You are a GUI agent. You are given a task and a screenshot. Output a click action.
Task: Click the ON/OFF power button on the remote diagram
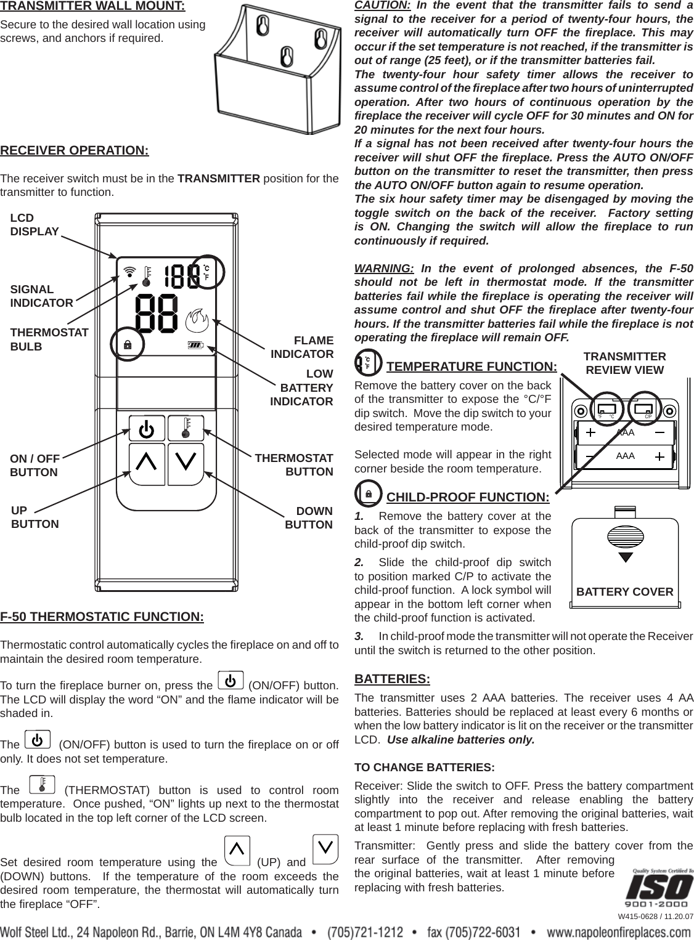(147, 428)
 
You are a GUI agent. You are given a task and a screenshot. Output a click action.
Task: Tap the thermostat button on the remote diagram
(186, 428)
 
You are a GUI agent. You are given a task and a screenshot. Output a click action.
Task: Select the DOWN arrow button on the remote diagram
(186, 462)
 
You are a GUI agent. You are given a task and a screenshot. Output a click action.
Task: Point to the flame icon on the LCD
(197, 320)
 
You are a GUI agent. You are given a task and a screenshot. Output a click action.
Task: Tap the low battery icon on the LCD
(195, 345)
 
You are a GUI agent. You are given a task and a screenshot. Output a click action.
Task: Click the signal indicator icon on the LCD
(129, 270)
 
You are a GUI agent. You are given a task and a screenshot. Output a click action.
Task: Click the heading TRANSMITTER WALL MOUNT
(92, 7)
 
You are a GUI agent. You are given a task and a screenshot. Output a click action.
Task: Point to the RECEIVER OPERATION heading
(75, 151)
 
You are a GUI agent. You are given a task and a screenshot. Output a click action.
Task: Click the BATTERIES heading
(392, 679)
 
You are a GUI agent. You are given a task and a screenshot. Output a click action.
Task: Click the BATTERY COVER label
(624, 593)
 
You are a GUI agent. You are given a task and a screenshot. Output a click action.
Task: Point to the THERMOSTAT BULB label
(49, 339)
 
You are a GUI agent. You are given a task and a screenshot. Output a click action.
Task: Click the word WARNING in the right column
(383, 269)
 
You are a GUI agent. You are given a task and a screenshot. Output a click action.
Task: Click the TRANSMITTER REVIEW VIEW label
(624, 363)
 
